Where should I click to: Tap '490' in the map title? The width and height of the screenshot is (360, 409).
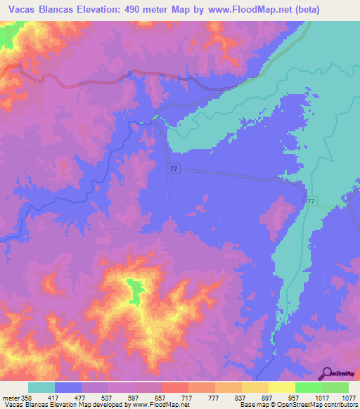[153, 8]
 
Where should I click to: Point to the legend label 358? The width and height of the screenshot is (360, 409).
[26, 397]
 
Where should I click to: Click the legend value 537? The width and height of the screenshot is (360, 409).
[107, 397]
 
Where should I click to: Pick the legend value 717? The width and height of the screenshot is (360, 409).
[188, 397]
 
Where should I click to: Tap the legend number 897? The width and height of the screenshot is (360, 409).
[267, 397]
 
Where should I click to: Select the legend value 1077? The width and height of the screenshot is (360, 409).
[348, 397]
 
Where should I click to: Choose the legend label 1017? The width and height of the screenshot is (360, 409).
[321, 397]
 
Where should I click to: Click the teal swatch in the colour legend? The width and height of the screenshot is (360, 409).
[41, 387]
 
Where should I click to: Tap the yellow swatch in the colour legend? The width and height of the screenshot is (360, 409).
[281, 387]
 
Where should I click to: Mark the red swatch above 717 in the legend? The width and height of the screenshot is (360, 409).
[174, 387]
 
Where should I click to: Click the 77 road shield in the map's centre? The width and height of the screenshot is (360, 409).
[174, 169]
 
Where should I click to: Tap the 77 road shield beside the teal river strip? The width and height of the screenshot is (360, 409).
[310, 201]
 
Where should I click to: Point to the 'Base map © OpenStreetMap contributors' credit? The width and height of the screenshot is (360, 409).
[297, 405]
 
